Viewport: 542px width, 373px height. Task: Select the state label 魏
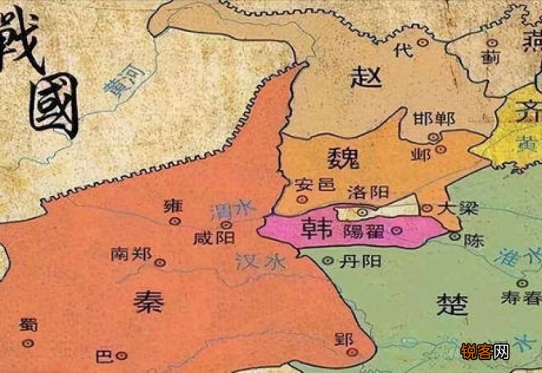343,160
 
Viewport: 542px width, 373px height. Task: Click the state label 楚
452,303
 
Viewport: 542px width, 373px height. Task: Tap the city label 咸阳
214,238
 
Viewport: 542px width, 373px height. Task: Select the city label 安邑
312,184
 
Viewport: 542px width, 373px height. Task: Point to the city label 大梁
453,208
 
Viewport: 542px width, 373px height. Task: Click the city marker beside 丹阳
328,260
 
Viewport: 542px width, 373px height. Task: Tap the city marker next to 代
422,42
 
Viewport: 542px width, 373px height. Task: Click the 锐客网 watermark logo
484,351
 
